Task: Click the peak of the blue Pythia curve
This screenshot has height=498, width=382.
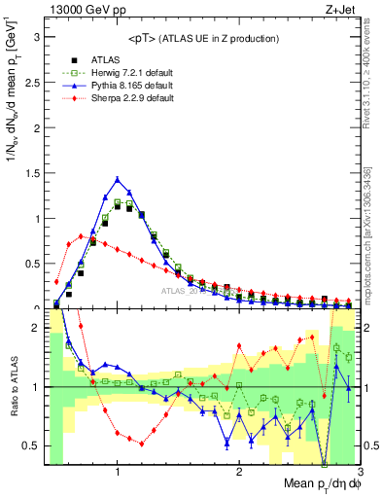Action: click(x=118, y=179)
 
